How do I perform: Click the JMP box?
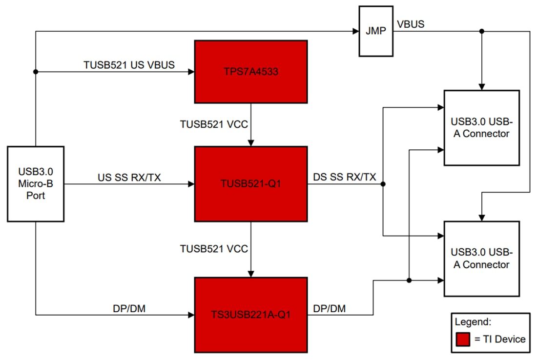375,31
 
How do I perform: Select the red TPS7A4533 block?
251,72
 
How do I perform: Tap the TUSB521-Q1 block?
251,184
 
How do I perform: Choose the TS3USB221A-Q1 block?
251,315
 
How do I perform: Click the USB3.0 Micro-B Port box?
35,184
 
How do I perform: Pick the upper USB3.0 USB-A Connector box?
481,128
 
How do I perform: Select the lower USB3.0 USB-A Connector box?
481,259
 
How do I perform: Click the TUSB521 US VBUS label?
129,65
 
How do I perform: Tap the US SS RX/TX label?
129,178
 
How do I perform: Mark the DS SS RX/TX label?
344,178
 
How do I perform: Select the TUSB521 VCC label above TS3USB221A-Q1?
214,249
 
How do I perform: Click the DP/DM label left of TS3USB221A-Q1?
129,308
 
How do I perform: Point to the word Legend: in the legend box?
473,322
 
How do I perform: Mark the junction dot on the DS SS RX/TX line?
383,184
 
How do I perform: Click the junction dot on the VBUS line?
482,31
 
